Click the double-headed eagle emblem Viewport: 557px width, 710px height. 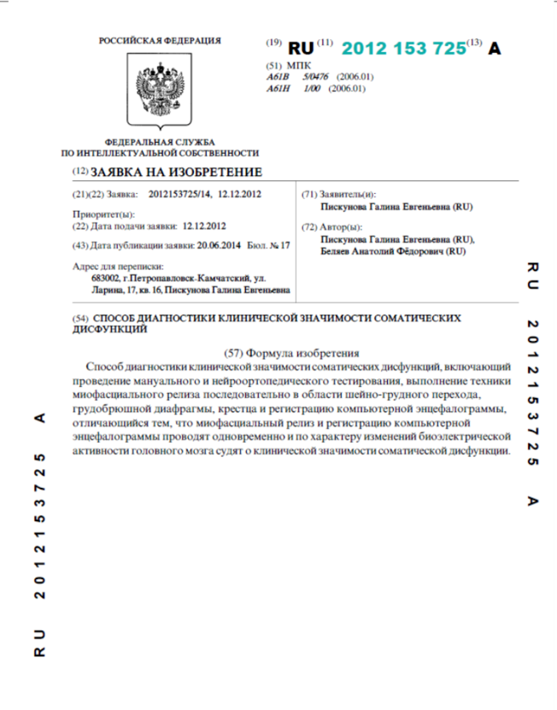point(160,89)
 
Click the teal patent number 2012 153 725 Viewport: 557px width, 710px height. point(403,48)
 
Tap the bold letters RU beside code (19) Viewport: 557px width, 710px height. point(301,48)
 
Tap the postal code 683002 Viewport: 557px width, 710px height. point(105,279)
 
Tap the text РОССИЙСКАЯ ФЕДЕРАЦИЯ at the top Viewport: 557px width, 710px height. point(160,40)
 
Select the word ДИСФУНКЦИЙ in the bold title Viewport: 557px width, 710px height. point(108,329)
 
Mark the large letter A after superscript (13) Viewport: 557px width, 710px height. point(495,48)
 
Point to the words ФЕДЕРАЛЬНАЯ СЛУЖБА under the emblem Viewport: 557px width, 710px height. point(160,142)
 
